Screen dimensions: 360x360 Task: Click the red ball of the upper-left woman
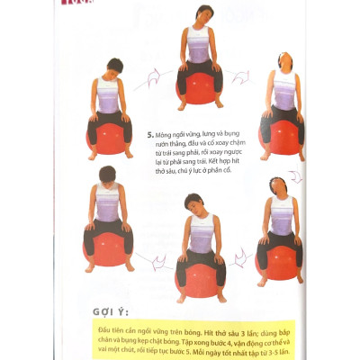pos(105,135)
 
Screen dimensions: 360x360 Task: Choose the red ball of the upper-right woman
pos(280,133)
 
